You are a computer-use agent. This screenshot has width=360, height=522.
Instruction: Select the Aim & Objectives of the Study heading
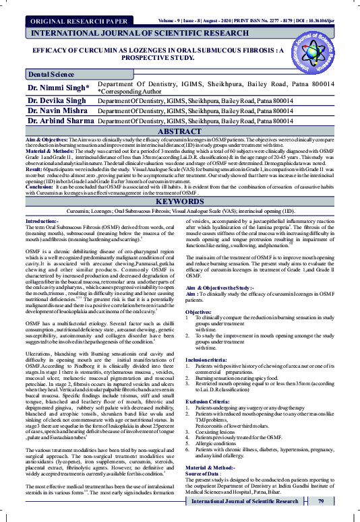[225, 288]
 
